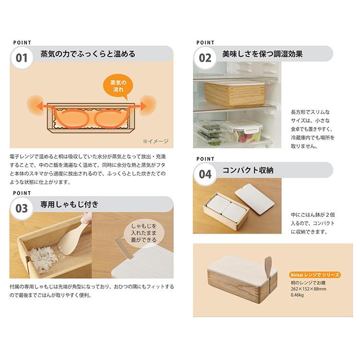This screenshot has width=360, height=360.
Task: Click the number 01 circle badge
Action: click(22, 59)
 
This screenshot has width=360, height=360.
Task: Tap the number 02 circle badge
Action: click(205, 59)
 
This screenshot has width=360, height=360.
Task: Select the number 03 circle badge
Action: click(22, 209)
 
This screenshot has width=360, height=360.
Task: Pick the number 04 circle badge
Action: click(205, 174)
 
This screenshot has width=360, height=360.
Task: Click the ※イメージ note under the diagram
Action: click(155, 141)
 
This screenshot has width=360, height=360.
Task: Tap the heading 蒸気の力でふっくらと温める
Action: click(87, 54)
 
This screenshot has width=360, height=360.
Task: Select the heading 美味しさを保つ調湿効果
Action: click(262, 54)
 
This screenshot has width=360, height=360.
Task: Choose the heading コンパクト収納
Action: click(248, 170)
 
